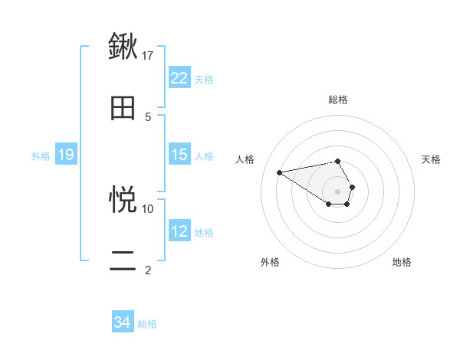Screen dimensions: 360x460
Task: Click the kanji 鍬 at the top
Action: (123, 47)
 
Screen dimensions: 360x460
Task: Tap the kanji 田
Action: (123, 108)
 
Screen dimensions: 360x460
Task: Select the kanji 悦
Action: (123, 200)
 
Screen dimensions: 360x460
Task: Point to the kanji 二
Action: (123, 260)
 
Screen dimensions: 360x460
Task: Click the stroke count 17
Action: (148, 55)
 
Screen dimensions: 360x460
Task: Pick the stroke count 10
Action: (148, 208)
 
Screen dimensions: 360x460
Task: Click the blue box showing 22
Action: (179, 78)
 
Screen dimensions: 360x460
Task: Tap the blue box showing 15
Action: (179, 155)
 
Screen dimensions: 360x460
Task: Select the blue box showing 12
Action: (179, 231)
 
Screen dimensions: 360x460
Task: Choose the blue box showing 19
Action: (65, 155)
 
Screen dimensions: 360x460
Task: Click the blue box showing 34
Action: (123, 322)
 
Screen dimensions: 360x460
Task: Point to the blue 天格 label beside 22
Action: (204, 79)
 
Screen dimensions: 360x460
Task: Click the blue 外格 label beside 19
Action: (41, 155)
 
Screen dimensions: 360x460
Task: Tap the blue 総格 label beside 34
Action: (147, 324)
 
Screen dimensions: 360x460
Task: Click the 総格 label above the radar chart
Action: (338, 100)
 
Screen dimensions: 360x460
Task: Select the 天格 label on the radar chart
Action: (432, 159)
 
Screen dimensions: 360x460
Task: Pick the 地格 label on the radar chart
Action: (402, 262)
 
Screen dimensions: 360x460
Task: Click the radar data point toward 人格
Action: (280, 172)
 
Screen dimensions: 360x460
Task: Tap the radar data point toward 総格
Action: (338, 161)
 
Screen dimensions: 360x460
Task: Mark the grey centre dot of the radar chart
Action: (338, 191)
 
